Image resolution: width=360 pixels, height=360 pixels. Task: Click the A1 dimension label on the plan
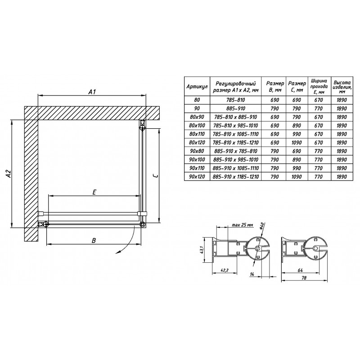(92, 92)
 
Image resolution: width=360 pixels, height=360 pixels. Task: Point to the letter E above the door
(94, 192)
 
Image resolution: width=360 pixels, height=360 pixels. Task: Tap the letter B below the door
(94, 240)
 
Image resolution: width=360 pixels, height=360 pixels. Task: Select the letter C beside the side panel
(155, 175)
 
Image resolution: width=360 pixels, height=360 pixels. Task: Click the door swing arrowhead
(118, 252)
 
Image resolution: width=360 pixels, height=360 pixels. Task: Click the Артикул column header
(197, 86)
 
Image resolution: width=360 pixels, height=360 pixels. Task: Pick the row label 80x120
(197, 143)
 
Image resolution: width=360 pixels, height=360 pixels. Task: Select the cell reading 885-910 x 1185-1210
(236, 176)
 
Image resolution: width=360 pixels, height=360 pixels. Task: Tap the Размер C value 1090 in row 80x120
(297, 143)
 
